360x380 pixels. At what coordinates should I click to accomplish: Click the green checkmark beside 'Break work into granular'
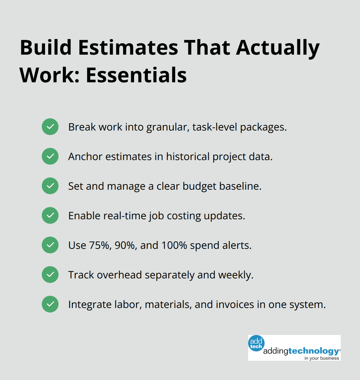tap(50, 127)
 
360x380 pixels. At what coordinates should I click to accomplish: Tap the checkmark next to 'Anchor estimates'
tap(50, 156)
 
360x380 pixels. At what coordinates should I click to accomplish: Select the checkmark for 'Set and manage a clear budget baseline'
tap(50, 186)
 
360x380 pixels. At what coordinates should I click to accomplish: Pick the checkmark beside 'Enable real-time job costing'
tap(50, 215)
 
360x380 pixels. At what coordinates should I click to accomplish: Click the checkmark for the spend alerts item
tap(50, 245)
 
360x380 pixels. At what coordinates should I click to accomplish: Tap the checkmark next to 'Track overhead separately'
tap(50, 275)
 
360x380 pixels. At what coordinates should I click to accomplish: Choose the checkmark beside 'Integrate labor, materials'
tap(50, 304)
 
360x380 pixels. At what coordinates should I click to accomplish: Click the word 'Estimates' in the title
tap(128, 48)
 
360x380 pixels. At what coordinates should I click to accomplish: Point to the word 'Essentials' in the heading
tap(136, 75)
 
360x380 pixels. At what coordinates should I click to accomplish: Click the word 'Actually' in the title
tap(278, 48)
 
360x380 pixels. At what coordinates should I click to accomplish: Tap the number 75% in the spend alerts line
tap(100, 245)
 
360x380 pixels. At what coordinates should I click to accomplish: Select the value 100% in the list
tap(174, 245)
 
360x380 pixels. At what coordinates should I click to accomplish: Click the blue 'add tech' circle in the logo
tap(256, 343)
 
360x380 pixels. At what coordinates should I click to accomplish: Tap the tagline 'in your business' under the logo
tap(322, 358)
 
